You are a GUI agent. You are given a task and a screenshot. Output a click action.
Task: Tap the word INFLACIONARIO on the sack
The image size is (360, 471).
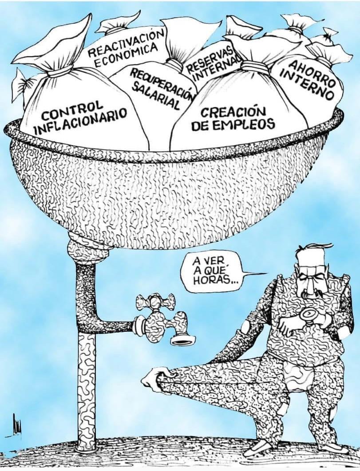pos(80,122)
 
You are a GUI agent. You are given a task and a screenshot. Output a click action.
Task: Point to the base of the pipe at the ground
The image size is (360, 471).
pos(87,448)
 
